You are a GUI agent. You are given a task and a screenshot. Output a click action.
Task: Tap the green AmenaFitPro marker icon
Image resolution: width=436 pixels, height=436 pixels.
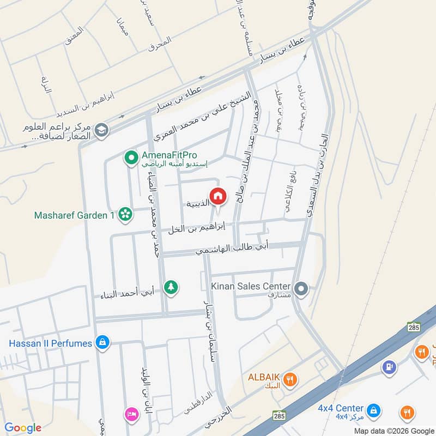[131, 159]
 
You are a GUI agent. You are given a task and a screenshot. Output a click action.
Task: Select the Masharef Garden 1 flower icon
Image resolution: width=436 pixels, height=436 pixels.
[126, 215]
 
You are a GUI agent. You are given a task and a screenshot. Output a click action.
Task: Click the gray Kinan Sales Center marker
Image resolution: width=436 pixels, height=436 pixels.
[301, 288]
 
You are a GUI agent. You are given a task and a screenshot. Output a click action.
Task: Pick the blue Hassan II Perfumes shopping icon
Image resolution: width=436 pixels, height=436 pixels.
[102, 343]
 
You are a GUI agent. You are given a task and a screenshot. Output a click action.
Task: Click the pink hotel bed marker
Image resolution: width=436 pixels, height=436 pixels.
[131, 413]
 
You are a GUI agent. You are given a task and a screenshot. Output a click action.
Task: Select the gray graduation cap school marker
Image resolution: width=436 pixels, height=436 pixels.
[101, 130]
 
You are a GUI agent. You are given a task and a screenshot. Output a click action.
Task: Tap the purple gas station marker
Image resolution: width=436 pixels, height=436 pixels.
[389, 367]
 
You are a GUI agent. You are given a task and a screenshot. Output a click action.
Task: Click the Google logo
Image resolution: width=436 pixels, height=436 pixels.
[23, 428]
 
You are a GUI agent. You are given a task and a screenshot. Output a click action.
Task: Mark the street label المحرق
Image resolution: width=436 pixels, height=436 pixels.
[159, 43]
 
